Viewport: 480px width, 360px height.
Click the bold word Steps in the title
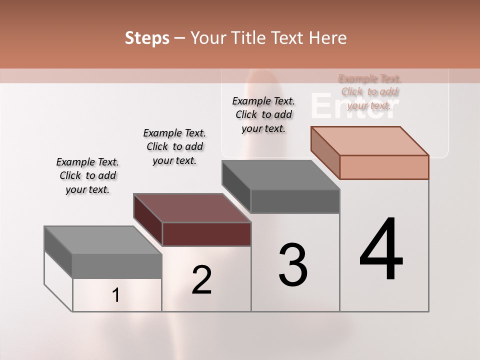coord(147,38)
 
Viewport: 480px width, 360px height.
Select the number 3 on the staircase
coord(293,265)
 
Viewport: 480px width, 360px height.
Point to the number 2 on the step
coord(202,280)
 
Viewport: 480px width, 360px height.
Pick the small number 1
coord(116,295)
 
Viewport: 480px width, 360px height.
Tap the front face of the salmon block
coord(384,167)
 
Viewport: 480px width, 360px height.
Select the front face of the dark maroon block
coord(206,234)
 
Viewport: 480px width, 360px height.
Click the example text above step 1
coord(87,176)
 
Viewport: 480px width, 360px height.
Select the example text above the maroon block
coord(174,146)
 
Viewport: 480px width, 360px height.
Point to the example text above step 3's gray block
coord(263,114)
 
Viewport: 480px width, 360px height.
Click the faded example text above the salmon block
coord(370,92)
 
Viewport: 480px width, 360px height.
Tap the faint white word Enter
coord(355,106)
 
